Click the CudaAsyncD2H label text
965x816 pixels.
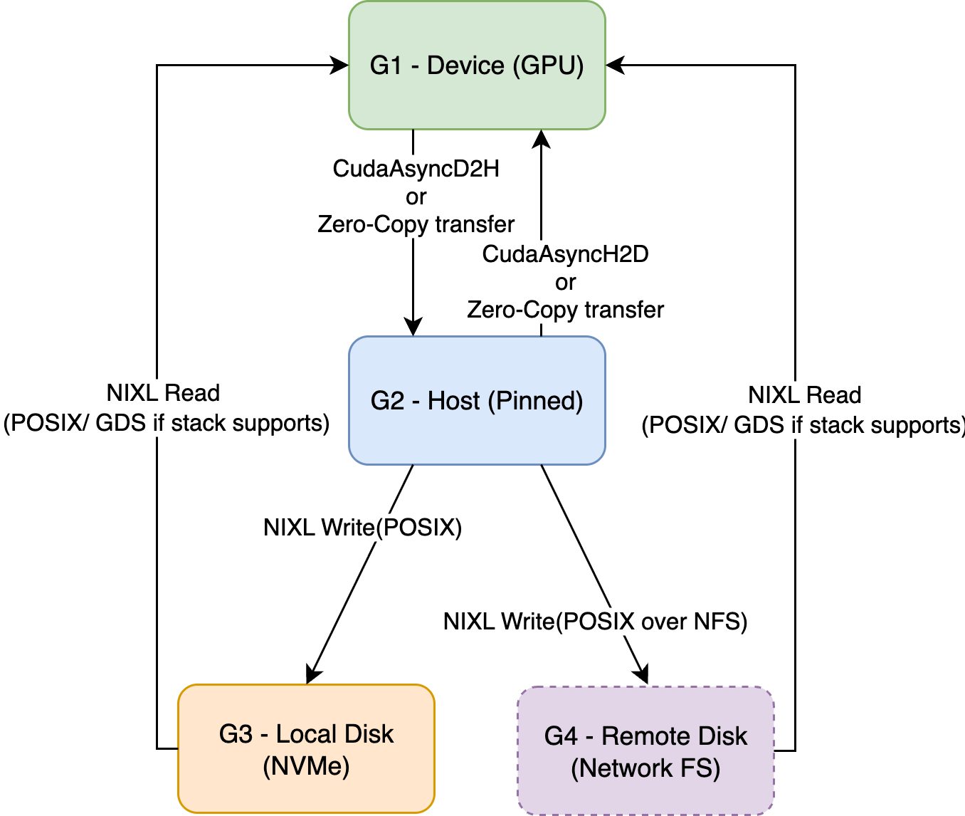tap(416, 169)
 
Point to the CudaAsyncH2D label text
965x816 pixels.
tap(565, 254)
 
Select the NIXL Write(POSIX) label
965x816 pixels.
tap(362, 528)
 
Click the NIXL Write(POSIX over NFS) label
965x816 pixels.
tap(595, 622)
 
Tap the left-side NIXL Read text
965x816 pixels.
tap(163, 393)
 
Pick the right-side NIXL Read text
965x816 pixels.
tap(804, 395)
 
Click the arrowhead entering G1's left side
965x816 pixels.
tap(340, 66)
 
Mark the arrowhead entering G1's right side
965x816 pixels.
tap(615, 66)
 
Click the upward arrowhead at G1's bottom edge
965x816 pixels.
tap(542, 138)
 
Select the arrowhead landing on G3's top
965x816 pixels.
tap(312, 674)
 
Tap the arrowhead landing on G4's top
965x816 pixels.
tap(643, 674)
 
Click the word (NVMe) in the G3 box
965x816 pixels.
tap(306, 767)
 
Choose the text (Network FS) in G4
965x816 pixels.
tap(645, 768)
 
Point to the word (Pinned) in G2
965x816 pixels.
tap(535, 401)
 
